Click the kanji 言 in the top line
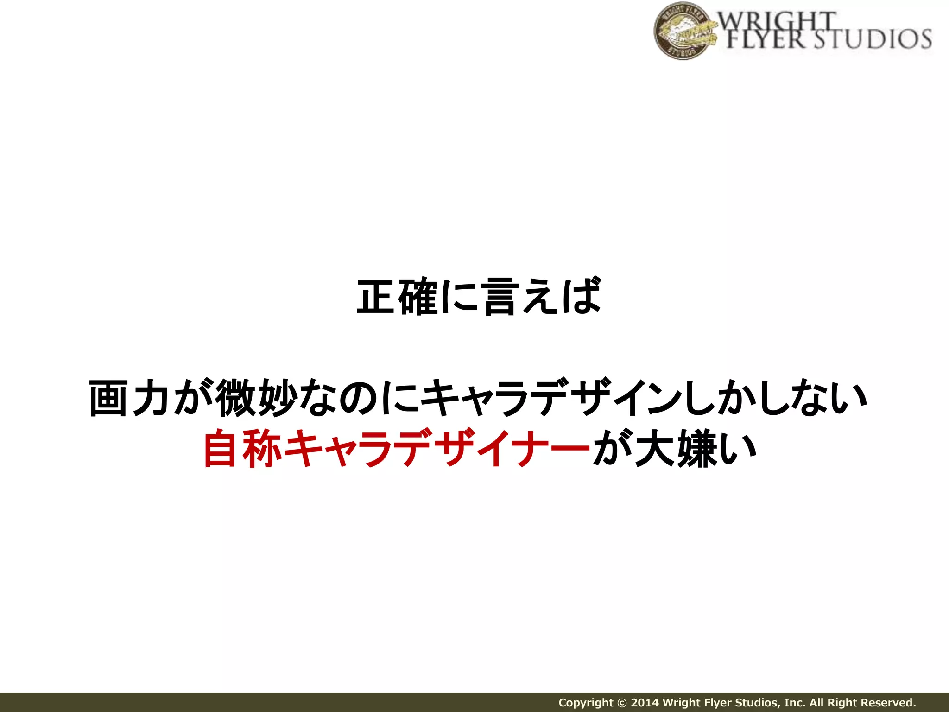[x=500, y=297]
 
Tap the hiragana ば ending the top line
[x=582, y=297]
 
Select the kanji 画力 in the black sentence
[x=128, y=398]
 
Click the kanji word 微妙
[x=257, y=398]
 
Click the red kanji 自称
[x=242, y=448]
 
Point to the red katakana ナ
[x=526, y=448]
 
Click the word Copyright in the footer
[x=586, y=703]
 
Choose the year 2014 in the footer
[x=645, y=703]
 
